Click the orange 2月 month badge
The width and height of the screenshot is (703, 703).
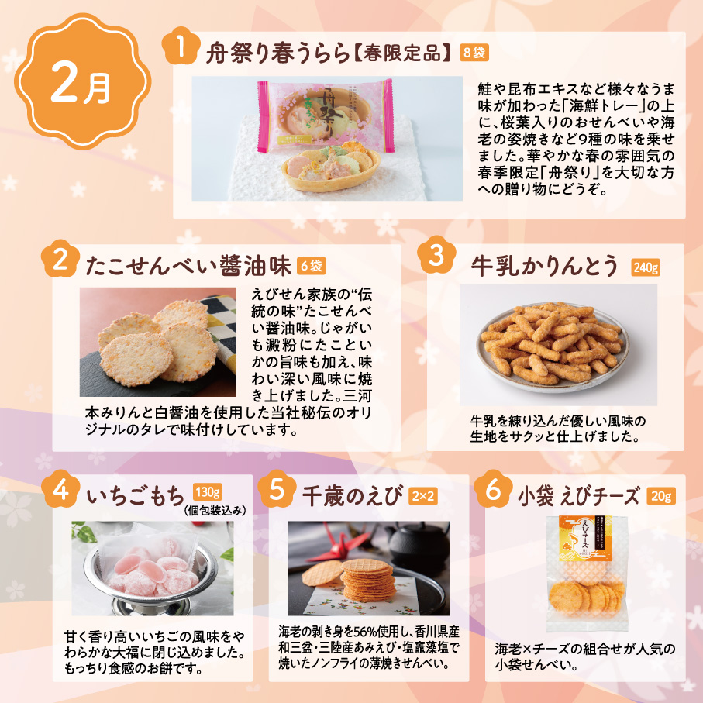[x=82, y=81]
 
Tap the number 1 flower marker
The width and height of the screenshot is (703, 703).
[x=181, y=47]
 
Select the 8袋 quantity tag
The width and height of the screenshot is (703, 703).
[x=474, y=53]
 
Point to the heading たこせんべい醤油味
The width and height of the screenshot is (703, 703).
[x=188, y=265]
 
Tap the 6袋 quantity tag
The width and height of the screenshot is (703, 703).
[x=311, y=266]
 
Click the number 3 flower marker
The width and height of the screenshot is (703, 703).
[x=436, y=255]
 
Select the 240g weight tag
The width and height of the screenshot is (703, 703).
[x=646, y=267]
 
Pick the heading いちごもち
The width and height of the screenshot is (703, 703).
[x=136, y=496]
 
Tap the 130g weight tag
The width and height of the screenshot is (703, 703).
[x=208, y=492]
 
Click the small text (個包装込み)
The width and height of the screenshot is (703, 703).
[x=215, y=510]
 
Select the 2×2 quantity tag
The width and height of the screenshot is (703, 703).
[x=422, y=496]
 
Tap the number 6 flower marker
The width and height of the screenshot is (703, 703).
[x=493, y=489]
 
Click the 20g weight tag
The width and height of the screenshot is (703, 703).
[x=661, y=496]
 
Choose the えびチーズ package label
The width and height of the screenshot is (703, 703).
[x=584, y=538]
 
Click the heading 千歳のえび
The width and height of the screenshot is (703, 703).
[x=353, y=496]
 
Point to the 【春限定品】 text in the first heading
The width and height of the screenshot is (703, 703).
[x=402, y=53]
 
